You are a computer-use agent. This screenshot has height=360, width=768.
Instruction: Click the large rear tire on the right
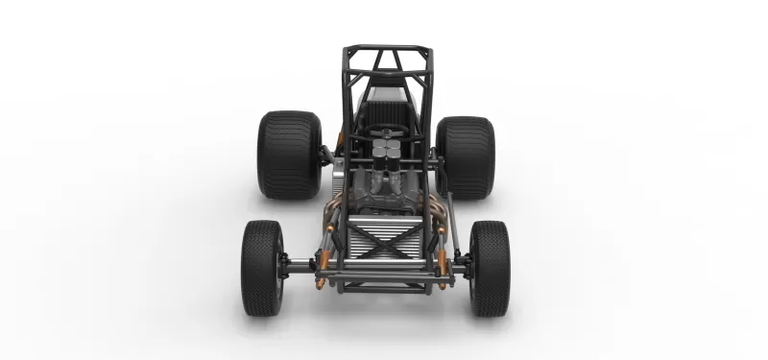coord(466,156)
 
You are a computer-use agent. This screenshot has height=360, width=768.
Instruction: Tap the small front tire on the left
coord(261,268)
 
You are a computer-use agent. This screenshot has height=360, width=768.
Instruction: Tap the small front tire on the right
coord(490,268)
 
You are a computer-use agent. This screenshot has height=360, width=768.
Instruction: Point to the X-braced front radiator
coord(384,245)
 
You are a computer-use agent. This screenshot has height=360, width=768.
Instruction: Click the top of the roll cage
coord(388,48)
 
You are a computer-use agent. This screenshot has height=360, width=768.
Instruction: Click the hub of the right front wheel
coord(469,266)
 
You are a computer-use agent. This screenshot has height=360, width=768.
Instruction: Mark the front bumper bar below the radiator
coord(384,285)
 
